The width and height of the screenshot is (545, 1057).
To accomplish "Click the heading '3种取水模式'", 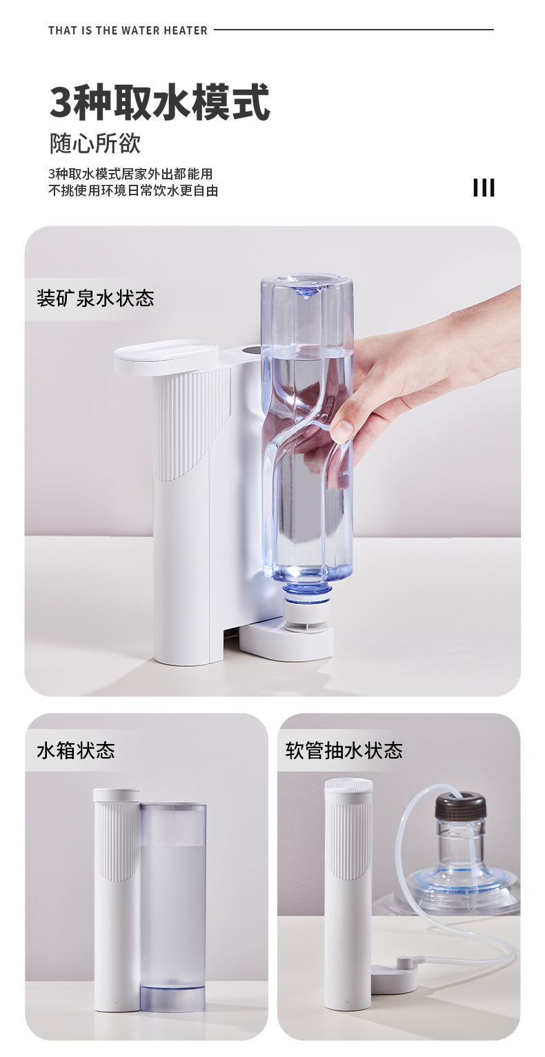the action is click(159, 101).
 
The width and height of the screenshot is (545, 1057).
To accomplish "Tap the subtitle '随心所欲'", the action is click(95, 143).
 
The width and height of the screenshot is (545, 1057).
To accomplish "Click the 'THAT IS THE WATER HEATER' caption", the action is click(128, 30).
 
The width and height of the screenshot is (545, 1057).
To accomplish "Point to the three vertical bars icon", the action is click(484, 188).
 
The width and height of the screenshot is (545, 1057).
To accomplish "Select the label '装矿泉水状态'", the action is click(95, 299).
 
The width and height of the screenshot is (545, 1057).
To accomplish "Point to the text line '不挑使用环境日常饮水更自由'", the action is click(133, 190).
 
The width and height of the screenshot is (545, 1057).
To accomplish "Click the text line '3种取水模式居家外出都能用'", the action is click(130, 174).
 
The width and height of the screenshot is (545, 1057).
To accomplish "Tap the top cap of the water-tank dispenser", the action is click(116, 794).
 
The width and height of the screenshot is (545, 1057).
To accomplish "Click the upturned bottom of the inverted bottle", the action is click(307, 285).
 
